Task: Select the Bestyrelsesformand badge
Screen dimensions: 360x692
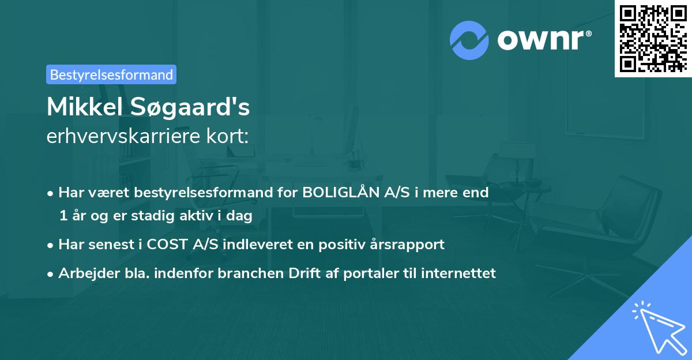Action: pyautogui.click(x=111, y=74)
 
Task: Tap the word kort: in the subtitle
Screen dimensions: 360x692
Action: pyautogui.click(x=229, y=136)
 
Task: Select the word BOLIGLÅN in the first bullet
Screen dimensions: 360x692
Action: pyautogui.click(x=339, y=193)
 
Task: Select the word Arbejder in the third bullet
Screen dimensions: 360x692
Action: pyautogui.click(x=85, y=273)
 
